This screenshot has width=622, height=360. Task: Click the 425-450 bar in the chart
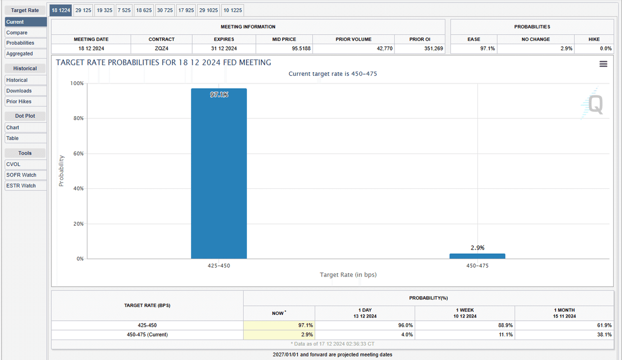(x=219, y=173)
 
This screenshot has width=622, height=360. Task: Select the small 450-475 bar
(x=477, y=256)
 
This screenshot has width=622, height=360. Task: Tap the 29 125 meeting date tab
(x=83, y=10)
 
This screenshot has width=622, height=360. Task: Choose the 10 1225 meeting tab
(x=233, y=10)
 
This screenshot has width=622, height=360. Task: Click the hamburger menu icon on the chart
(x=603, y=64)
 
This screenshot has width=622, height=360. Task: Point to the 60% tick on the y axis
(x=78, y=154)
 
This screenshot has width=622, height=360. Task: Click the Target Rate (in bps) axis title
(x=348, y=274)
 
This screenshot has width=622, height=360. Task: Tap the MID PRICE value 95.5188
(x=301, y=48)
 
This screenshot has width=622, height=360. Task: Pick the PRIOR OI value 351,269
(x=433, y=48)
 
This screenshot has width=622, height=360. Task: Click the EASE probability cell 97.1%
(x=488, y=48)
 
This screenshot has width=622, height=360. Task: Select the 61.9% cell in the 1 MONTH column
(x=604, y=325)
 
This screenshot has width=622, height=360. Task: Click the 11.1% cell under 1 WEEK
(x=506, y=335)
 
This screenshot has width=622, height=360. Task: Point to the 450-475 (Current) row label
(x=147, y=335)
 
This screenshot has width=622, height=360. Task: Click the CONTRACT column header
(x=161, y=39)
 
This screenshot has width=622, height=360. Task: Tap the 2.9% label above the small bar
(x=477, y=247)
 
